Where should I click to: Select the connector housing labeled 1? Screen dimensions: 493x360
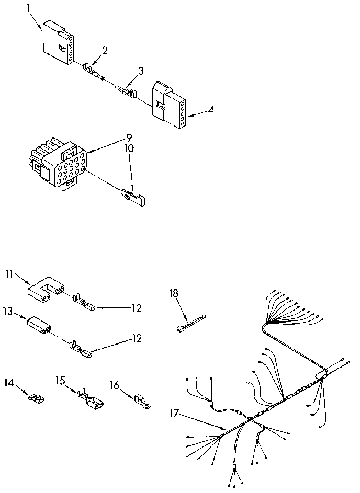point(57,43)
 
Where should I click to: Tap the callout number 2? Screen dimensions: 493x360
point(105,50)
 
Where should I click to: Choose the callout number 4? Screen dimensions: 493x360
point(210,110)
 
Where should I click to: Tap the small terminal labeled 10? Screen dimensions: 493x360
point(134,197)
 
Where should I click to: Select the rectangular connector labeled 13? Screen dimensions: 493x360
point(39,325)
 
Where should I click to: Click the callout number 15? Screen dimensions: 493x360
point(61,381)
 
